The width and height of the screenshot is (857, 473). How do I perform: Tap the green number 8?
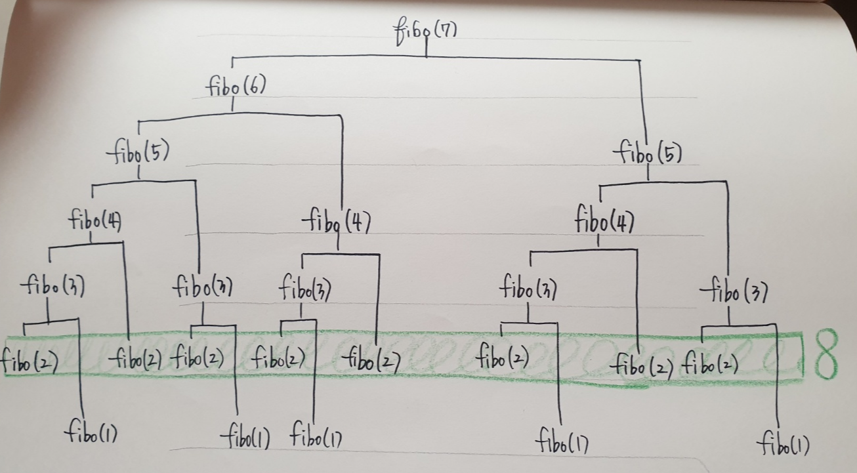(826, 357)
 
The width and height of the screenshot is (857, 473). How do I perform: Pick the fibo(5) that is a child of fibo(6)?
(138, 154)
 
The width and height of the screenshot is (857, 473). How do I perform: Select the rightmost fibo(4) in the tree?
(604, 220)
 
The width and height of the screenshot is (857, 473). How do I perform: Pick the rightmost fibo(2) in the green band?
(710, 363)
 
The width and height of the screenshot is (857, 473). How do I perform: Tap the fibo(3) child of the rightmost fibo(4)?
(528, 288)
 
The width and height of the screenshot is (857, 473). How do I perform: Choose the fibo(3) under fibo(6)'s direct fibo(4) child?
(304, 289)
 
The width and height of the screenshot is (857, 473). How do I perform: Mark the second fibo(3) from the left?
(203, 288)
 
